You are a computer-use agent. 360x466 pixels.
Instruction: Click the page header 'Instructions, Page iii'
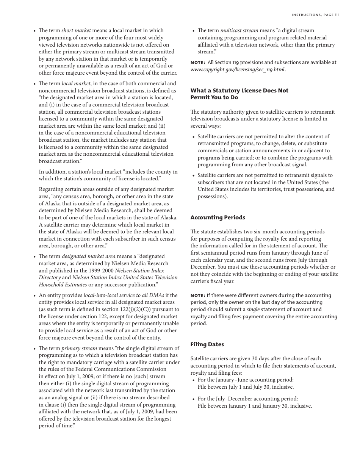tap(315, 15)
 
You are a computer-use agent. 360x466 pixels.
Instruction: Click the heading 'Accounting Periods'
tap(218, 217)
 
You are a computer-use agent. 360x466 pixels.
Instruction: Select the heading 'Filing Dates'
tap(207, 344)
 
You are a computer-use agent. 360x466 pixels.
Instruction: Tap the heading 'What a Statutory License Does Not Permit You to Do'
tap(239, 94)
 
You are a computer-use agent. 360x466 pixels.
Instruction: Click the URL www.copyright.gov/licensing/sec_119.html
tap(237, 70)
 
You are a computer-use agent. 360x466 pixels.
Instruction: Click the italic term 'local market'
tap(76, 83)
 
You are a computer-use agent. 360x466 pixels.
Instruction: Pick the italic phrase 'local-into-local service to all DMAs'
tap(124, 295)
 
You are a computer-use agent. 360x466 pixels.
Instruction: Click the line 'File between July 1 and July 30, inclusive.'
tap(246, 387)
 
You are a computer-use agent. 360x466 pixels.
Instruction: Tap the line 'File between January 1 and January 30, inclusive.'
tap(255, 406)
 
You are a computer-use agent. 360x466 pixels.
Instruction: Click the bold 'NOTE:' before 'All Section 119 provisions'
tap(198, 63)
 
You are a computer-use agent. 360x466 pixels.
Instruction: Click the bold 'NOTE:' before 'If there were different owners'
tap(198, 296)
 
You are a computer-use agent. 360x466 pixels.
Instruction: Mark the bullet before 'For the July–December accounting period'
tap(193, 399)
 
